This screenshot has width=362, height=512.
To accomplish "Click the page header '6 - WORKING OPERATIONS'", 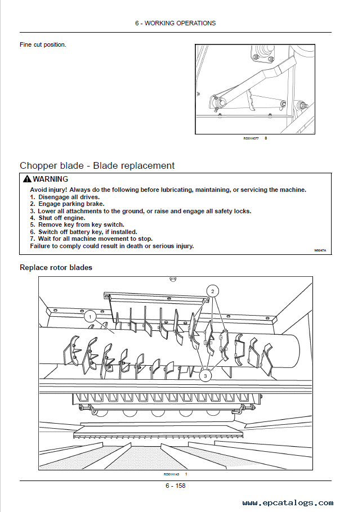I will tap(175, 23).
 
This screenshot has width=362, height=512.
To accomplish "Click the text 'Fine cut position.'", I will tap(43, 44).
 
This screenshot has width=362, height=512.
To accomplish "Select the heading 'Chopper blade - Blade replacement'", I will tap(97, 165).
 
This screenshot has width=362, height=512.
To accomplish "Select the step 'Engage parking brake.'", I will tap(66, 204).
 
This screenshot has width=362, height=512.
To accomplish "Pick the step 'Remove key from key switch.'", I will tap(77, 224).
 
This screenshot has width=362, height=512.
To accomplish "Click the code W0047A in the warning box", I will tap(320, 250).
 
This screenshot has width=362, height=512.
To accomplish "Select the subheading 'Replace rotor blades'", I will tap(56, 267).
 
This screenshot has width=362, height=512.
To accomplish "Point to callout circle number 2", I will tap(212, 291).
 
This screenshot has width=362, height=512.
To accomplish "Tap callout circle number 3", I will tap(206, 375).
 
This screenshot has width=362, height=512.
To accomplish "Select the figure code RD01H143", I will tap(172, 474).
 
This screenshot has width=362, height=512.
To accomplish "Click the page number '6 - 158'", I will tap(175, 486).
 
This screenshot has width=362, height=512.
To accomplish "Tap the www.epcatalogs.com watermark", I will tap(288, 503).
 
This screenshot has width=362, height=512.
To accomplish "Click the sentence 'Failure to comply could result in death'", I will tap(111, 246).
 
